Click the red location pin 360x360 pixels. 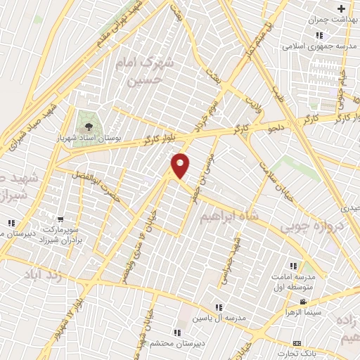pos(181,165)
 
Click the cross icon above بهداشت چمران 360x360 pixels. pos(341,9)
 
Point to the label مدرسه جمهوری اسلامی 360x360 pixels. pos(311,46)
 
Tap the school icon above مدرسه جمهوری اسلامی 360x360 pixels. pos(319,35)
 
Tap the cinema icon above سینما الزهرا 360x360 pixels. pos(303,303)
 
